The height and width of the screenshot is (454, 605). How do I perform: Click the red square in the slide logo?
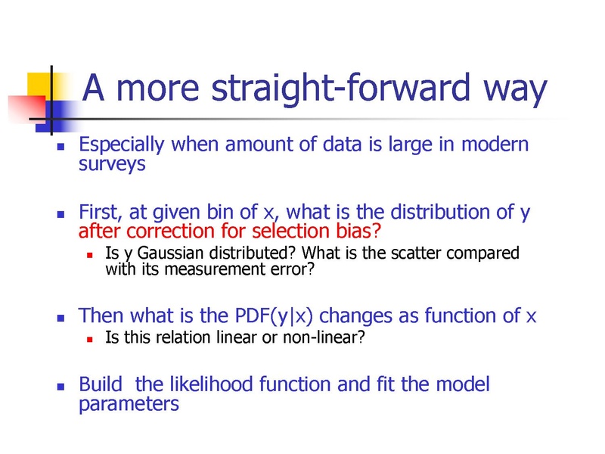(27, 109)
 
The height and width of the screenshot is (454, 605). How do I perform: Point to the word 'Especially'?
(122, 145)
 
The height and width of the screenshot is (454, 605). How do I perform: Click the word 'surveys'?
(112, 164)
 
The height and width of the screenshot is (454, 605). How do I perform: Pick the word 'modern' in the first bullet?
(495, 144)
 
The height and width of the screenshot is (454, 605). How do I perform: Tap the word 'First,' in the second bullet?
(101, 212)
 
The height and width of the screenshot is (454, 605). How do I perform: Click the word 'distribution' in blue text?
(440, 212)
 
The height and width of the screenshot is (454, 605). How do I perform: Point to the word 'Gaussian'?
(170, 253)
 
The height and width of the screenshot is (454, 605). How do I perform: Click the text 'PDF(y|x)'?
(274, 316)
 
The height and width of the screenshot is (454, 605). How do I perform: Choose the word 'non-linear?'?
(324, 337)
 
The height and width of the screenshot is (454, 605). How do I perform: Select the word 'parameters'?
(129, 405)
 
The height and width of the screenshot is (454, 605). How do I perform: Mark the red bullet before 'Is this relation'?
(90, 340)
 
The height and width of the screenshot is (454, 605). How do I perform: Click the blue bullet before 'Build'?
(60, 387)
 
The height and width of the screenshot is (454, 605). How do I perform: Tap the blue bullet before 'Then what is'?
(60, 318)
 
